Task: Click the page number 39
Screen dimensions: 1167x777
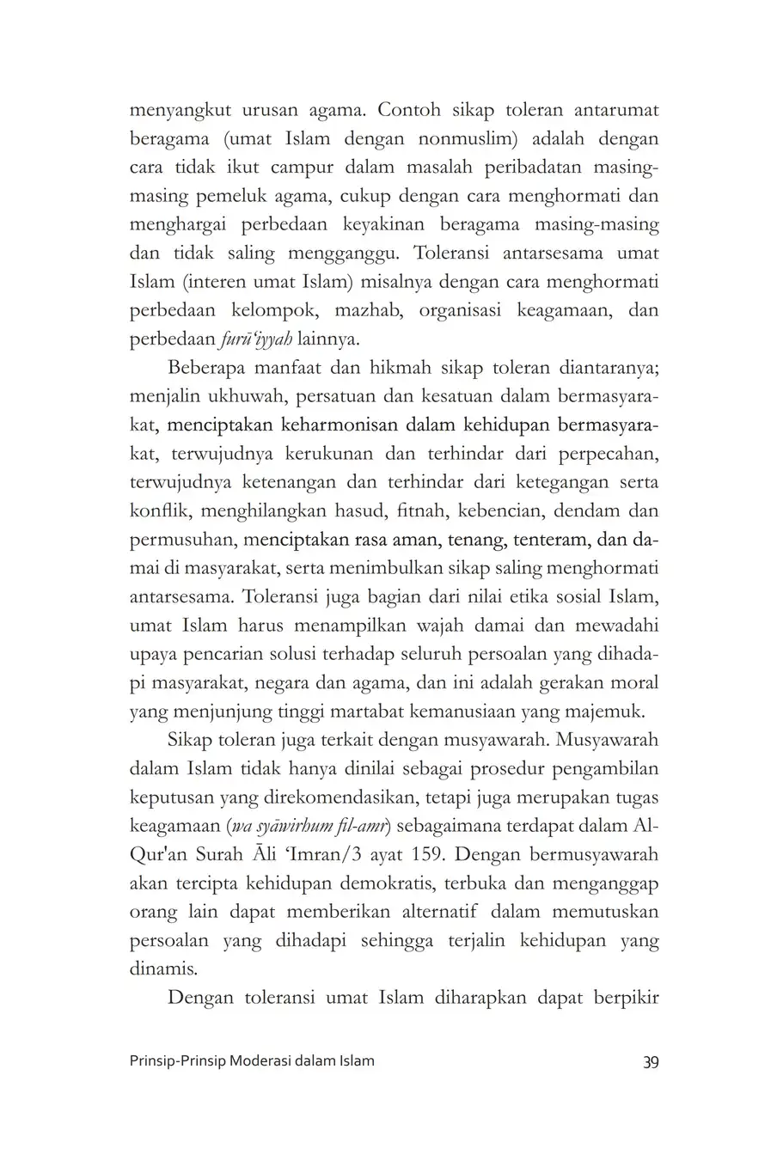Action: point(650,1061)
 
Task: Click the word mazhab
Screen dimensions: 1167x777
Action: point(369,310)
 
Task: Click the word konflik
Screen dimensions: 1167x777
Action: point(160,511)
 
